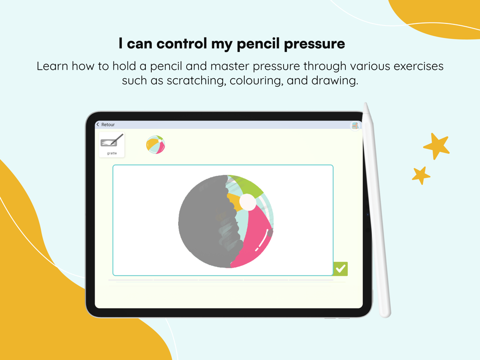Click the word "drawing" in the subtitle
tap(335, 81)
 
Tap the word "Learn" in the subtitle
tap(52, 66)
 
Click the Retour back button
tap(106, 125)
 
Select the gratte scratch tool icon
tap(112, 144)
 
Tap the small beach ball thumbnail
tap(156, 145)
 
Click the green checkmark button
tap(341, 269)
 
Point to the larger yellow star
tap(437, 146)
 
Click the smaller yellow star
tap(421, 175)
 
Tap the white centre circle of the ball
tap(248, 202)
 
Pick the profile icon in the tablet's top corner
tap(355, 125)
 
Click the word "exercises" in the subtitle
tap(413, 66)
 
